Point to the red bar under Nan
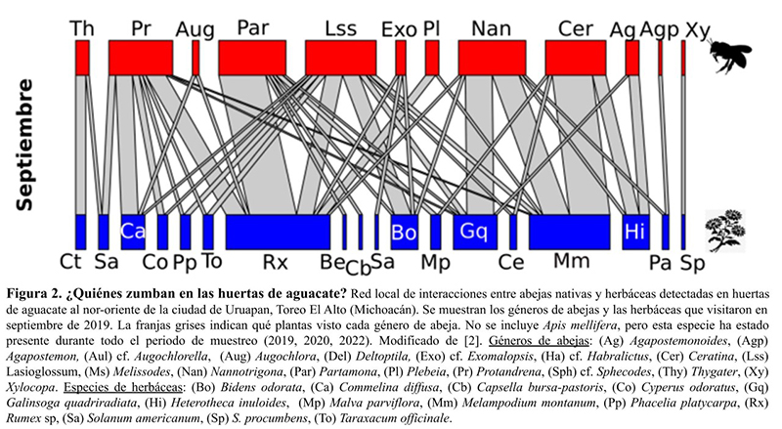pos(490,58)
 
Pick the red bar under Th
pos(82,58)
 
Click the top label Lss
pos(340,28)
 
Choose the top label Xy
pos(698,28)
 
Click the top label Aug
pos(195,28)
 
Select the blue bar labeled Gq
pos(475,232)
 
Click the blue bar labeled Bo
pos(404,232)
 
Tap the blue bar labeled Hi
pos(635,232)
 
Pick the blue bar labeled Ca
pos(133,232)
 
